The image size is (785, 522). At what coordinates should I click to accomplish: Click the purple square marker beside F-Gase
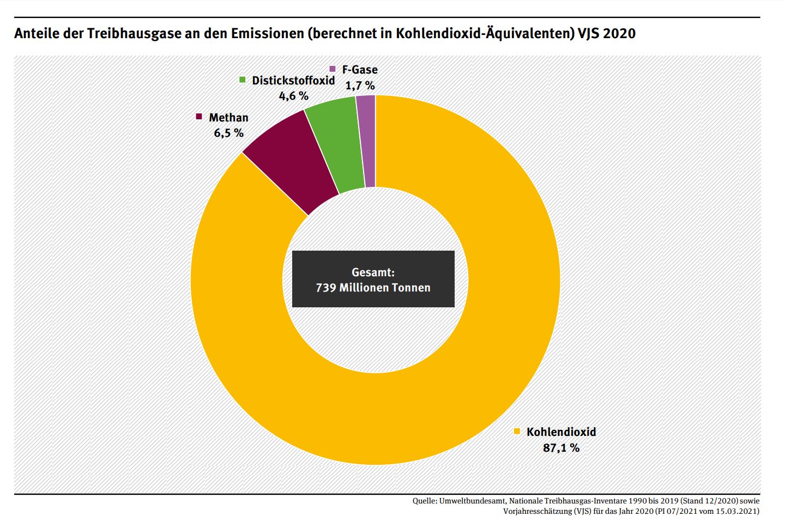333,69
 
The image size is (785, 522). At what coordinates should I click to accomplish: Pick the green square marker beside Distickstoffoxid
243,80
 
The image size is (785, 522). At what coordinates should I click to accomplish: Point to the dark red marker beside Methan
199,117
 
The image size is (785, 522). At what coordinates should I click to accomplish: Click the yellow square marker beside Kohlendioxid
517,432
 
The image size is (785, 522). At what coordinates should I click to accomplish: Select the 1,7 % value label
360,86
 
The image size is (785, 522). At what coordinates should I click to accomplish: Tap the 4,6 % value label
293,96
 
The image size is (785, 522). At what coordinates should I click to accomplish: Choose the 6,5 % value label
228,133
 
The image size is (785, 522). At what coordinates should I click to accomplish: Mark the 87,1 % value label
561,448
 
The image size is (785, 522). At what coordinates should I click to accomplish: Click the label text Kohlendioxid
561,432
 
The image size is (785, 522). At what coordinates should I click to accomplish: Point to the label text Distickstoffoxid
293,80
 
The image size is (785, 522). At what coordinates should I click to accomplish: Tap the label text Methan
228,117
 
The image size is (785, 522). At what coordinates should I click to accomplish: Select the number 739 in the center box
326,287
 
